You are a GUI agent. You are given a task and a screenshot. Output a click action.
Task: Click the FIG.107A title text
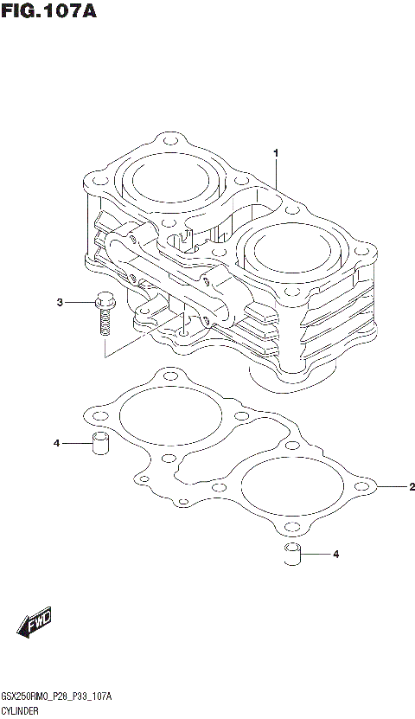pos(48,11)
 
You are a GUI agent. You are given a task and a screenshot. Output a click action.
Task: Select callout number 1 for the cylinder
pos(276,153)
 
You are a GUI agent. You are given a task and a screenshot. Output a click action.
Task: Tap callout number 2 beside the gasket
pos(412,486)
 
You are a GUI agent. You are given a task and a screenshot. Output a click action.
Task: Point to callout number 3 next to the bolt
pos(61,302)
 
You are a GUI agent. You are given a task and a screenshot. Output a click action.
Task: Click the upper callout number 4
pos(56,444)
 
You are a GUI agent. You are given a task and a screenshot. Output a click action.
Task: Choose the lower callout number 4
pos(336,554)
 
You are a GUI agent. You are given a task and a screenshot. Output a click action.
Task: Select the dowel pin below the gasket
pos(293,554)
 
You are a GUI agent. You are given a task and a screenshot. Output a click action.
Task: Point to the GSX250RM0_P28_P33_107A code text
pos(58,697)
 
